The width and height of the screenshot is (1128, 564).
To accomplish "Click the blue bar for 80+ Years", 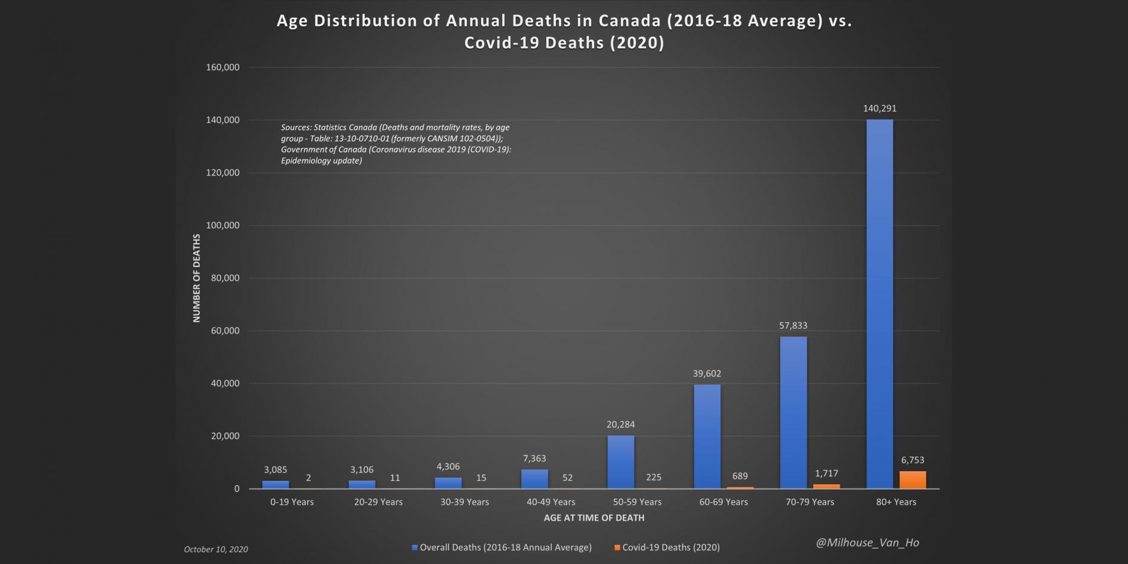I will (879, 304).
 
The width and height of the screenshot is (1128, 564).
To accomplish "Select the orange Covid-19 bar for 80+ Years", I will (912, 480).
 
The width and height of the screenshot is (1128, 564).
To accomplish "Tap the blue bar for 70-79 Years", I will (793, 413).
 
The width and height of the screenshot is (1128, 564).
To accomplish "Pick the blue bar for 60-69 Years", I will (707, 436).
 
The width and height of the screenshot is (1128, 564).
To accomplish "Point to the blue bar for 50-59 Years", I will (621, 462).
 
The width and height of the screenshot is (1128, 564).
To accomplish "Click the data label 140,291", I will (879, 108).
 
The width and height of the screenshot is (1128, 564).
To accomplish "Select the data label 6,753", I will (912, 460).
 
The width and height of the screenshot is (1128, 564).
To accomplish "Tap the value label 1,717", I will (826, 473).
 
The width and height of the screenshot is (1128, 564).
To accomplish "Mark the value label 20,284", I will (621, 424).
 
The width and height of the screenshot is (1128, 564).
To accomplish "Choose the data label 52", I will (567, 477).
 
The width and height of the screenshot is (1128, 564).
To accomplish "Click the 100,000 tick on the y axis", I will (223, 225).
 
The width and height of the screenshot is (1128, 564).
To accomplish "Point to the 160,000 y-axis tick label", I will (223, 67).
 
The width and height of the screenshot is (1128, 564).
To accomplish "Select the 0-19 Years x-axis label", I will (291, 502).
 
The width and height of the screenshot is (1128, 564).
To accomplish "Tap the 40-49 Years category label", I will (551, 502).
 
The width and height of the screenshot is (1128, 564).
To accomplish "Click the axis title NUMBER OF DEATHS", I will (196, 278).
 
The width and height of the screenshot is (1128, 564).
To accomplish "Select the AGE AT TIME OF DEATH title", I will (594, 517).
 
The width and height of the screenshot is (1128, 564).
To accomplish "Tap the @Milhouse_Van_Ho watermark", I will (867, 542).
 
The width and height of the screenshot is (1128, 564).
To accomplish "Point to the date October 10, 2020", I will (215, 549).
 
